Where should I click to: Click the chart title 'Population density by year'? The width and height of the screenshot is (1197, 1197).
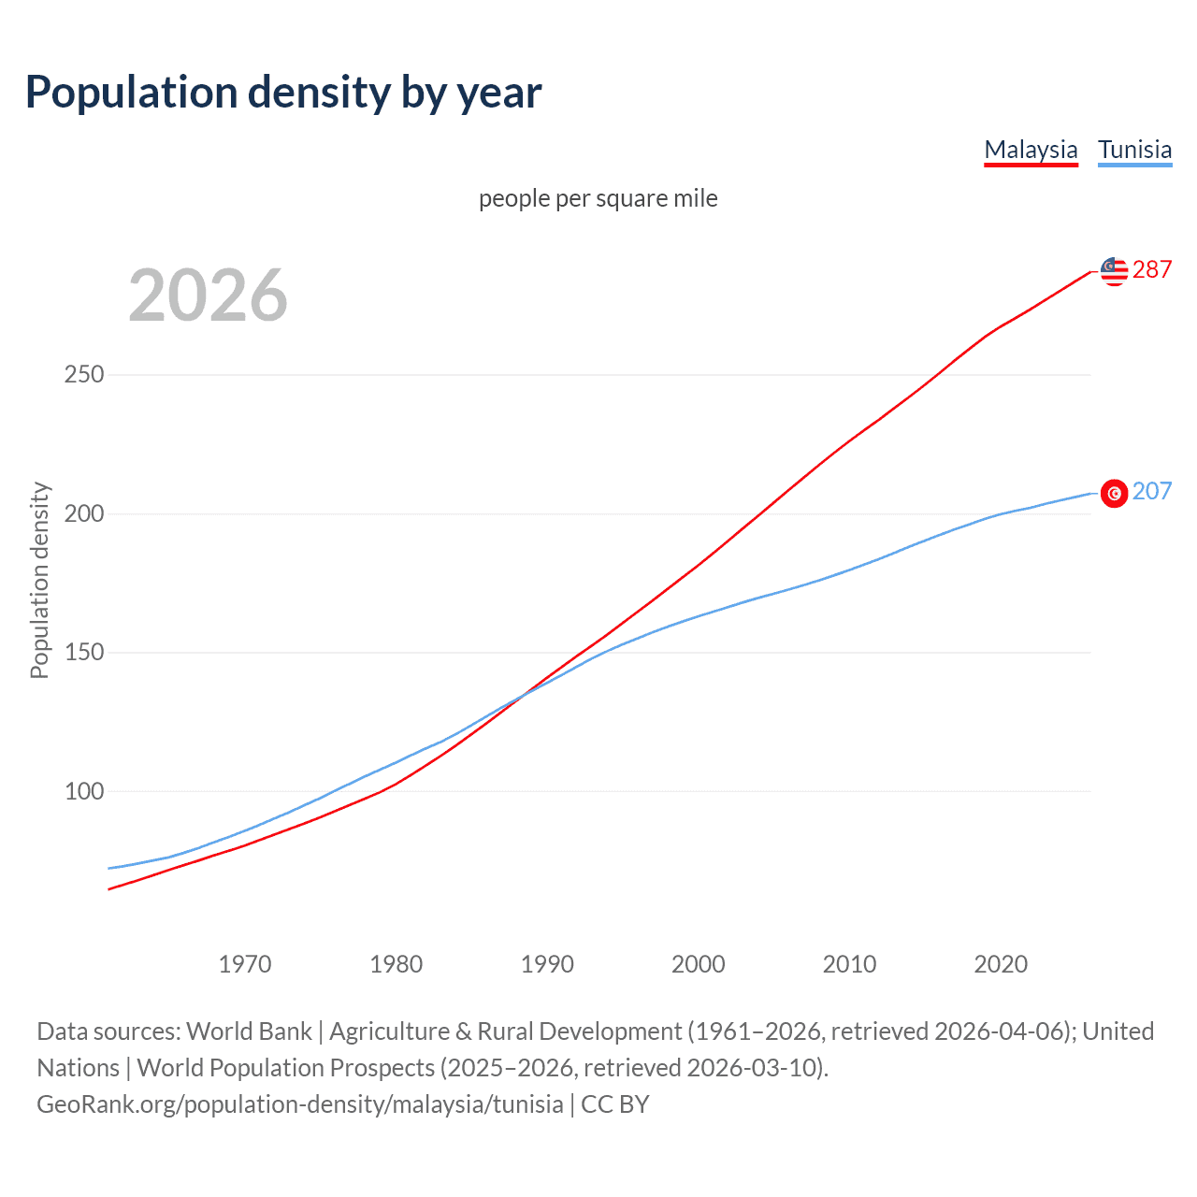pyautogui.click(x=283, y=93)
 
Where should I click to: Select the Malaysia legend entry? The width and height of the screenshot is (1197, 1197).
pyautogui.click(x=1031, y=150)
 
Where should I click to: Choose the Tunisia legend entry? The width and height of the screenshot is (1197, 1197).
pyautogui.click(x=1134, y=150)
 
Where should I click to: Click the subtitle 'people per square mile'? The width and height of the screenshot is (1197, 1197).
pyautogui.click(x=598, y=198)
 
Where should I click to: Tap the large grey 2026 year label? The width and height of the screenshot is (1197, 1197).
pyautogui.click(x=208, y=296)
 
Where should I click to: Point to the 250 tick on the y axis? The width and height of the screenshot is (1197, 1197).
pyautogui.click(x=83, y=375)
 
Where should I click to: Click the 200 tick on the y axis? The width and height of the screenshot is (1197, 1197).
pyautogui.click(x=83, y=513)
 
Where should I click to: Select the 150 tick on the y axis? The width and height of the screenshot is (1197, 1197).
pyautogui.click(x=83, y=652)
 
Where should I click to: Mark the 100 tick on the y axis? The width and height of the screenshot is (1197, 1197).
pyautogui.click(x=83, y=791)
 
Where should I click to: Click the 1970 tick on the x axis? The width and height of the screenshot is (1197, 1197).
pyautogui.click(x=245, y=964)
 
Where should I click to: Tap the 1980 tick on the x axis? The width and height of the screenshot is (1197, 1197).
pyautogui.click(x=397, y=964)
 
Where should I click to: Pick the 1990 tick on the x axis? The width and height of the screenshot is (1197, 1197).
pyautogui.click(x=547, y=964)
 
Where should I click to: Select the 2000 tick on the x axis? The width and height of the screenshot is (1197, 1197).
pyautogui.click(x=699, y=964)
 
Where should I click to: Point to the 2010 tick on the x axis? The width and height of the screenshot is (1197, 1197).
pyautogui.click(x=849, y=964)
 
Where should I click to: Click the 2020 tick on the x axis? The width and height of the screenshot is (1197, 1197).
pyautogui.click(x=1001, y=964)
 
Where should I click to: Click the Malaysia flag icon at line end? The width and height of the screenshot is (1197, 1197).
pyautogui.click(x=1114, y=271)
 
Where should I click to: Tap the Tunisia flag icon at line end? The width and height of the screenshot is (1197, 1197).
pyautogui.click(x=1114, y=493)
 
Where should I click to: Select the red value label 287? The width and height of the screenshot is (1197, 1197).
pyautogui.click(x=1152, y=270)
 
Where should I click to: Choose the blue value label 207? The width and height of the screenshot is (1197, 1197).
pyautogui.click(x=1152, y=492)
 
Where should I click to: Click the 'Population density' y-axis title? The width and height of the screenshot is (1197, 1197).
pyautogui.click(x=39, y=580)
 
